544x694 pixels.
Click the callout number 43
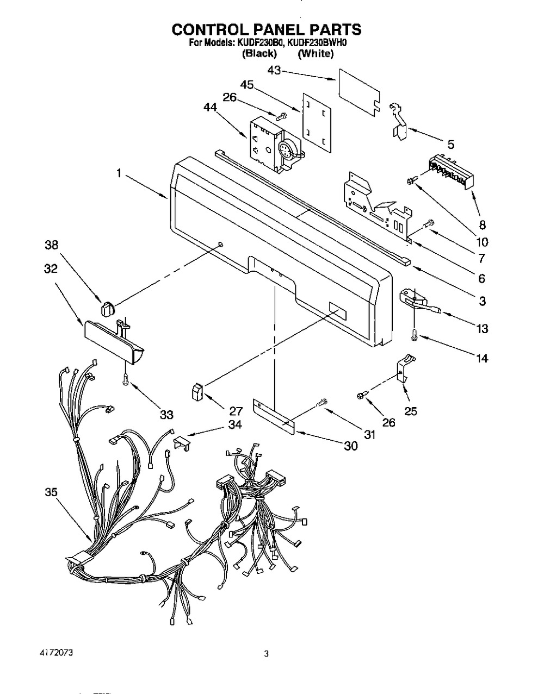(275, 71)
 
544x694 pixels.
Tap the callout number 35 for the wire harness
(51, 492)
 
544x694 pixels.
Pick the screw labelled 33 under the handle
(126, 380)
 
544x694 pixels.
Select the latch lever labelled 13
(419, 302)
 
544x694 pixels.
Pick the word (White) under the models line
(316, 53)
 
